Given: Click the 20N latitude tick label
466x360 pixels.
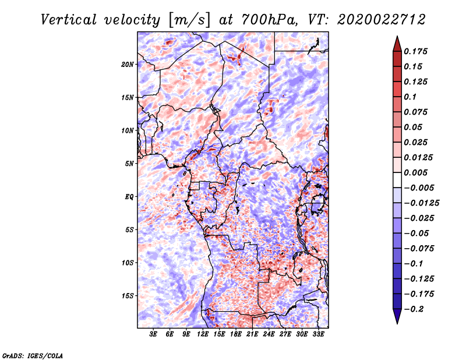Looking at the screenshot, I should [x=128, y=64].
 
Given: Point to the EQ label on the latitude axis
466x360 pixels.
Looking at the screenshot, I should [x=129, y=197].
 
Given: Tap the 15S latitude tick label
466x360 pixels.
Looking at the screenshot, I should [x=128, y=296].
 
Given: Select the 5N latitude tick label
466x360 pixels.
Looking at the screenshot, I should [x=129, y=164].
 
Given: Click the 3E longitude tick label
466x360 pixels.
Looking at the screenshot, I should [x=153, y=335].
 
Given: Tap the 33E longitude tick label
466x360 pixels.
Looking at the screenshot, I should [x=319, y=335].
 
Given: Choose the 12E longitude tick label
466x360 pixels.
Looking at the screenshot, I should [x=203, y=335].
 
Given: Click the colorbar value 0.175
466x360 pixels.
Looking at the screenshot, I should [x=417, y=51].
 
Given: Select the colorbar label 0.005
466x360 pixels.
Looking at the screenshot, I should [x=417, y=172].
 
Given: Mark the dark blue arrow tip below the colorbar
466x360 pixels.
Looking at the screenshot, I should [x=396, y=322].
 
